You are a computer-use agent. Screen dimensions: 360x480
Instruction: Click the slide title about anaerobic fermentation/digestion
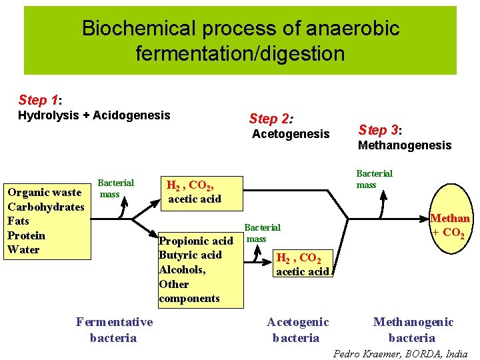click(x=240, y=40)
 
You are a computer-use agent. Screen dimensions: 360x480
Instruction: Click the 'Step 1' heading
click(x=40, y=101)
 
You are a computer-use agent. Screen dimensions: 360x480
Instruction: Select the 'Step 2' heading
click(x=271, y=119)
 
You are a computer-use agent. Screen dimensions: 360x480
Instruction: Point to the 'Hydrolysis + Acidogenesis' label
click(x=94, y=116)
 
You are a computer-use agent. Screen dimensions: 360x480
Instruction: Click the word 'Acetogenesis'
click(x=291, y=135)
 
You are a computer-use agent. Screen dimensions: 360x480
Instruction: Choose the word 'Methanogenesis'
click(x=405, y=145)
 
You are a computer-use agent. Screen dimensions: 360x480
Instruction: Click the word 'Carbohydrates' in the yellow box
click(x=46, y=207)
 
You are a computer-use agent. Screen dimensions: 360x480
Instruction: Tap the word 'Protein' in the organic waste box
click(x=27, y=235)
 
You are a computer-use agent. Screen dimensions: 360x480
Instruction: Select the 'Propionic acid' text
click(x=196, y=241)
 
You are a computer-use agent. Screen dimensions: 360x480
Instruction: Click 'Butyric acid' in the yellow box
click(x=190, y=255)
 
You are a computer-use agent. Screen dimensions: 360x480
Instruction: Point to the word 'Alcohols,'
click(x=182, y=270)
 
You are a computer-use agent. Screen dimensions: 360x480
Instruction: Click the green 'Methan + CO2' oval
click(x=450, y=225)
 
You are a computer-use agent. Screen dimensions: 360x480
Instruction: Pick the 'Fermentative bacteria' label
click(x=114, y=330)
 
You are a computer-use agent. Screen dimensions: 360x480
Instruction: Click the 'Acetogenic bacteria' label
click(x=297, y=330)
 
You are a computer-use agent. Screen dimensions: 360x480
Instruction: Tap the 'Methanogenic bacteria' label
click(x=413, y=330)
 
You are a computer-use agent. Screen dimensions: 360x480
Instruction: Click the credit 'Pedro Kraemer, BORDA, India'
click(x=400, y=353)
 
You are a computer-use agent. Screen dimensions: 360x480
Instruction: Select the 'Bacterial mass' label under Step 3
click(x=374, y=179)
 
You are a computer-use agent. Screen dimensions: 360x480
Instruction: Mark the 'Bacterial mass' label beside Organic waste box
click(x=115, y=189)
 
